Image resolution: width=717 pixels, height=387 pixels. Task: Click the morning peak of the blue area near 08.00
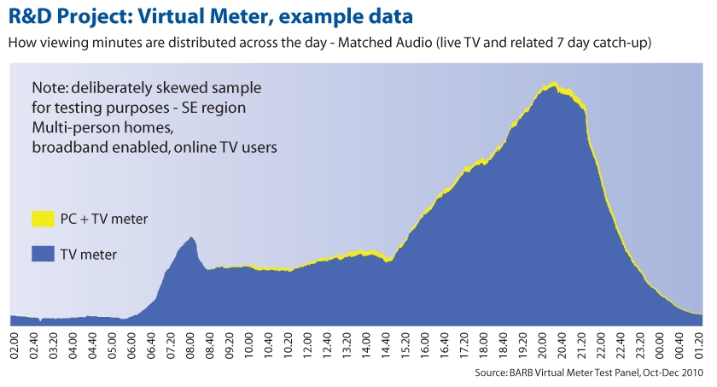(x=192, y=238)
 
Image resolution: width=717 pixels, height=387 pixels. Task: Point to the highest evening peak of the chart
(x=554, y=84)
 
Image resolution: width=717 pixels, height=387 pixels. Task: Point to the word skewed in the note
(x=171, y=88)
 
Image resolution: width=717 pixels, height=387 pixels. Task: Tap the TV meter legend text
(x=89, y=253)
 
